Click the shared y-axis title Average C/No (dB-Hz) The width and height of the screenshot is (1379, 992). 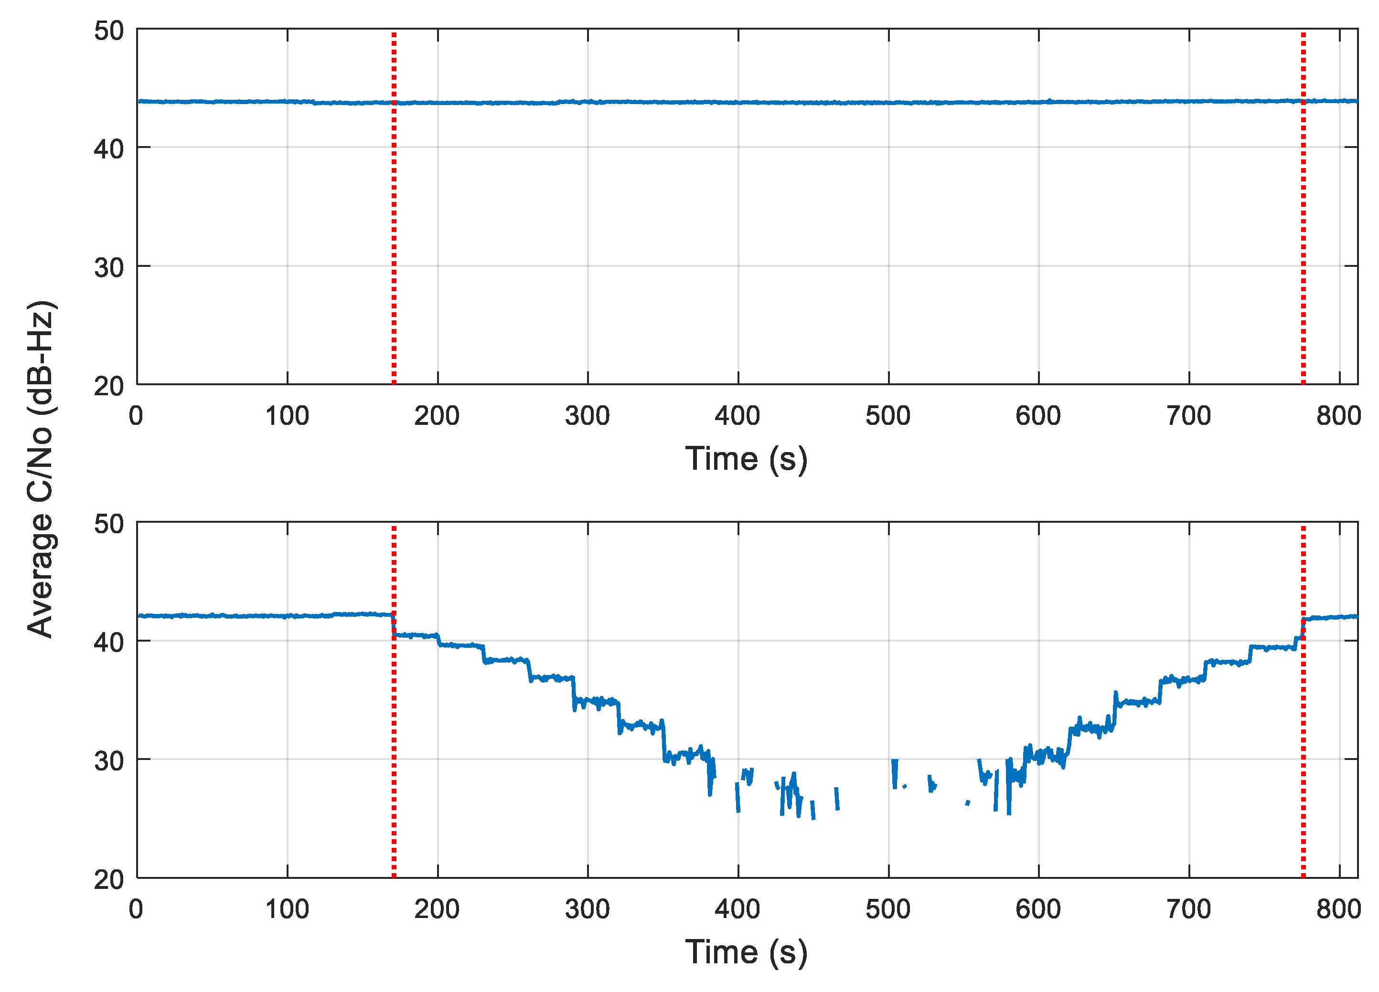[x=42, y=469]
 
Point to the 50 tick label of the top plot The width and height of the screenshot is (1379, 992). [x=109, y=31]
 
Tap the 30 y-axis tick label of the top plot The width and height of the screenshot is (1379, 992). [x=109, y=267]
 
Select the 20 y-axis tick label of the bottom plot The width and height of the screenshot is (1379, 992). [x=109, y=879]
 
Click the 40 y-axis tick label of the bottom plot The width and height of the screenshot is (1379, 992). [x=109, y=642]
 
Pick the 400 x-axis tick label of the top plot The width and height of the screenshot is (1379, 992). [x=737, y=416]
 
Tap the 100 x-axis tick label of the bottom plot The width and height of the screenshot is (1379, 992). [x=287, y=909]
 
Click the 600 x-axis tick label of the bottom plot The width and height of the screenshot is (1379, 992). [x=1038, y=909]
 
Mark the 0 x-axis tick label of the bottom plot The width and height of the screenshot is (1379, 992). [x=136, y=909]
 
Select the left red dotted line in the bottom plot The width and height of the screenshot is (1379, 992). [x=394, y=760]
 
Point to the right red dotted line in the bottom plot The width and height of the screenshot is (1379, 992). [x=1303, y=760]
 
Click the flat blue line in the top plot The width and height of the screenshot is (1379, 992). [x=669, y=102]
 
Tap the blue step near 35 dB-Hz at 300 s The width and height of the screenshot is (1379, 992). [x=596, y=702]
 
